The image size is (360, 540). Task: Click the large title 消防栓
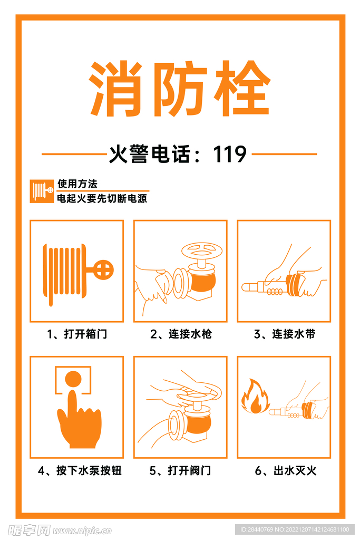tap(179, 89)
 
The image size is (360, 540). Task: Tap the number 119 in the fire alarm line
tap(230, 155)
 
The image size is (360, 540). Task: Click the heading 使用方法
tap(77, 184)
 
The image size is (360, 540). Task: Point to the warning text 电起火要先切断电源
tap(102, 199)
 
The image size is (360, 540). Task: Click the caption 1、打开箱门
tap(77, 334)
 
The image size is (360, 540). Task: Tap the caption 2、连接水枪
tap(180, 334)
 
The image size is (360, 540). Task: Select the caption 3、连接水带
tap(284, 334)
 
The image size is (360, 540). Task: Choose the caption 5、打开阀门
tap(180, 470)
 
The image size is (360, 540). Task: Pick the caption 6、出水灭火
tap(284, 470)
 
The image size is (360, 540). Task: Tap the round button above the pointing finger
tap(73, 379)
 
